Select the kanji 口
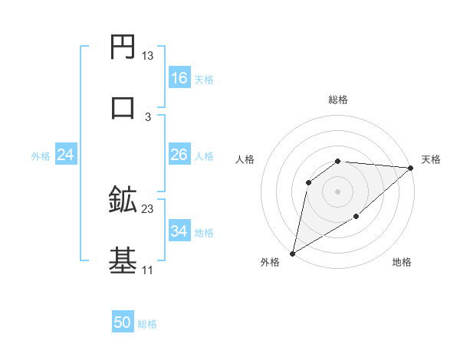point(123,106)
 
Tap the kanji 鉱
point(123,200)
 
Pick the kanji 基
point(123,259)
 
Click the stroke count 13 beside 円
point(147,56)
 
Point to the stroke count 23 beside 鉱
point(147,208)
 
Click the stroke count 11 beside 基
point(147,270)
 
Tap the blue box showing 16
point(179,78)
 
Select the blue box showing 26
point(179,155)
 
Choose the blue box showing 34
point(179,231)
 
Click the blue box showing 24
point(66,155)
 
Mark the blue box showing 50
point(123,322)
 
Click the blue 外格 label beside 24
point(41,155)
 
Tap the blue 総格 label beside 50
point(147,324)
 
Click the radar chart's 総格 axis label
point(338,100)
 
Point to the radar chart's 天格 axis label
point(431,159)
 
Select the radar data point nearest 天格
point(411,168)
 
